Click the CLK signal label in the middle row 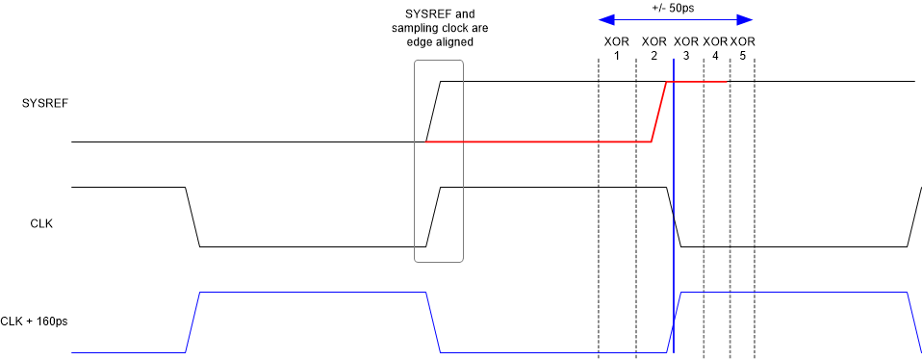pyautogui.click(x=41, y=223)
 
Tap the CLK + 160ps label pyautogui.click(x=35, y=321)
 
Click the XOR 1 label pyautogui.click(x=616, y=49)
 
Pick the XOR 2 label pyautogui.click(x=653, y=49)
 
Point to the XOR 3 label pyautogui.click(x=686, y=49)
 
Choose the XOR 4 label pyautogui.click(x=715, y=49)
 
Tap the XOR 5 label pyautogui.click(x=742, y=49)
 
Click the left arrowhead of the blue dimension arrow pyautogui.click(x=603, y=18)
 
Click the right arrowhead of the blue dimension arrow pyautogui.click(x=746, y=18)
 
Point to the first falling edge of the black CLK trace pyautogui.click(x=192, y=217)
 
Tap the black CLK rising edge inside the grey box pyautogui.click(x=433, y=217)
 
